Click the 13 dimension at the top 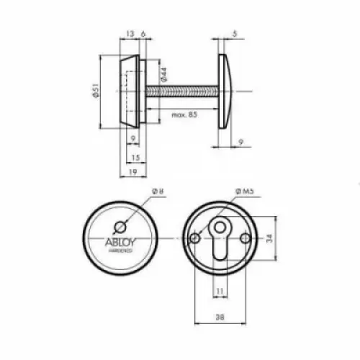[130, 34]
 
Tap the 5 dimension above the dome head [235, 34]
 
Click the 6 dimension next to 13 [145, 34]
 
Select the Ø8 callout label [158, 192]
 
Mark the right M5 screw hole [246, 238]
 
